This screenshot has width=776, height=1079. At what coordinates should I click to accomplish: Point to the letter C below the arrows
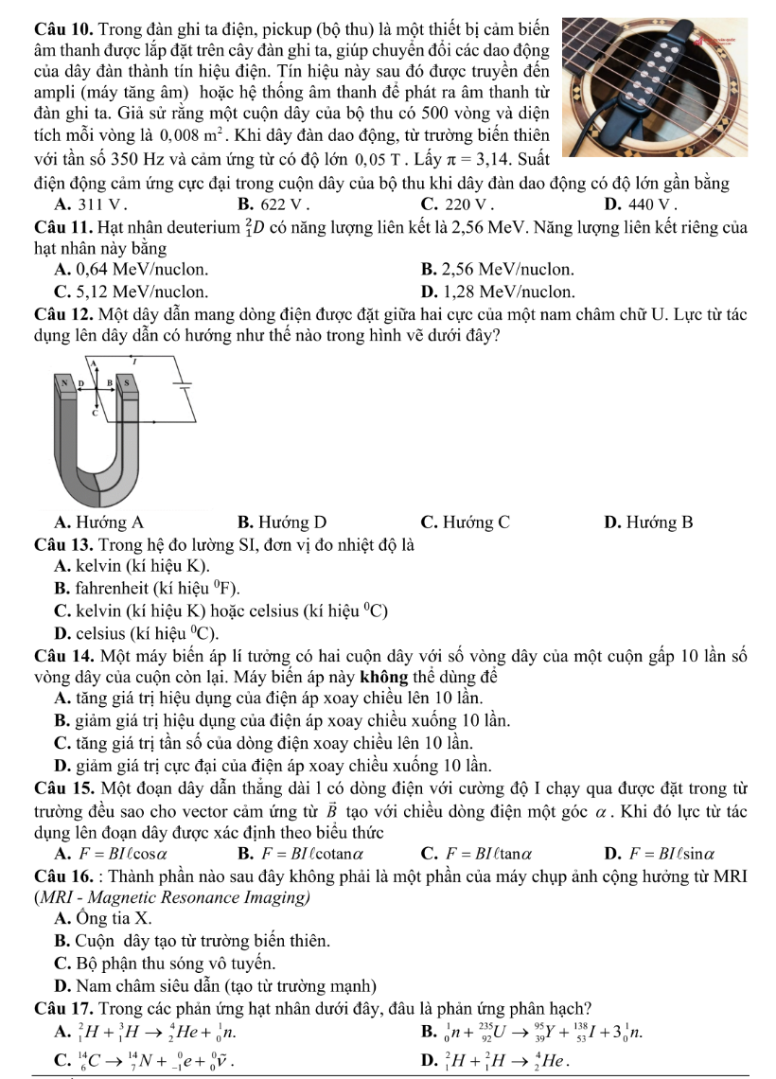point(95,413)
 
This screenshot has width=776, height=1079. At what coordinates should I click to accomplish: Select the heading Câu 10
point(58,16)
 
